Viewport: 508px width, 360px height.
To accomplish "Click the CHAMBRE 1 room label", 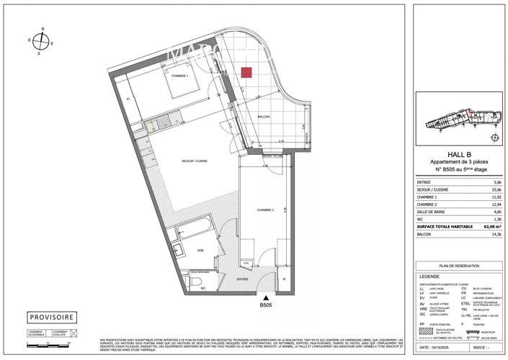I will pyautogui.click(x=179, y=76).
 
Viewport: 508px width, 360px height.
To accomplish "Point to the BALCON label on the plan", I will pyautogui.click(x=264, y=117).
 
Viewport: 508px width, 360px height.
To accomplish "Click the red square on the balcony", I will pyautogui.click(x=246, y=72).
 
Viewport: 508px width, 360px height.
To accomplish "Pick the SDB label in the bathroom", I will pyautogui.click(x=200, y=251).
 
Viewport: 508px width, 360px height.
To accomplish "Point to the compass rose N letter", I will pyautogui.click(x=43, y=29).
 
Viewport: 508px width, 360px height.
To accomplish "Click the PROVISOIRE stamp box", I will pyautogui.click(x=52, y=318).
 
